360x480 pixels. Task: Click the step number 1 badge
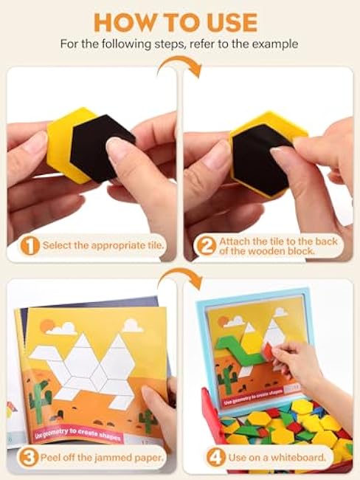(x=30, y=245)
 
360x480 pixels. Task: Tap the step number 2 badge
(x=205, y=247)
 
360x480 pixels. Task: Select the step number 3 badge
(x=29, y=458)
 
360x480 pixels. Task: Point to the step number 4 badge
(x=216, y=458)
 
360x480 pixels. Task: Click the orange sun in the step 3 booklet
(x=47, y=326)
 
